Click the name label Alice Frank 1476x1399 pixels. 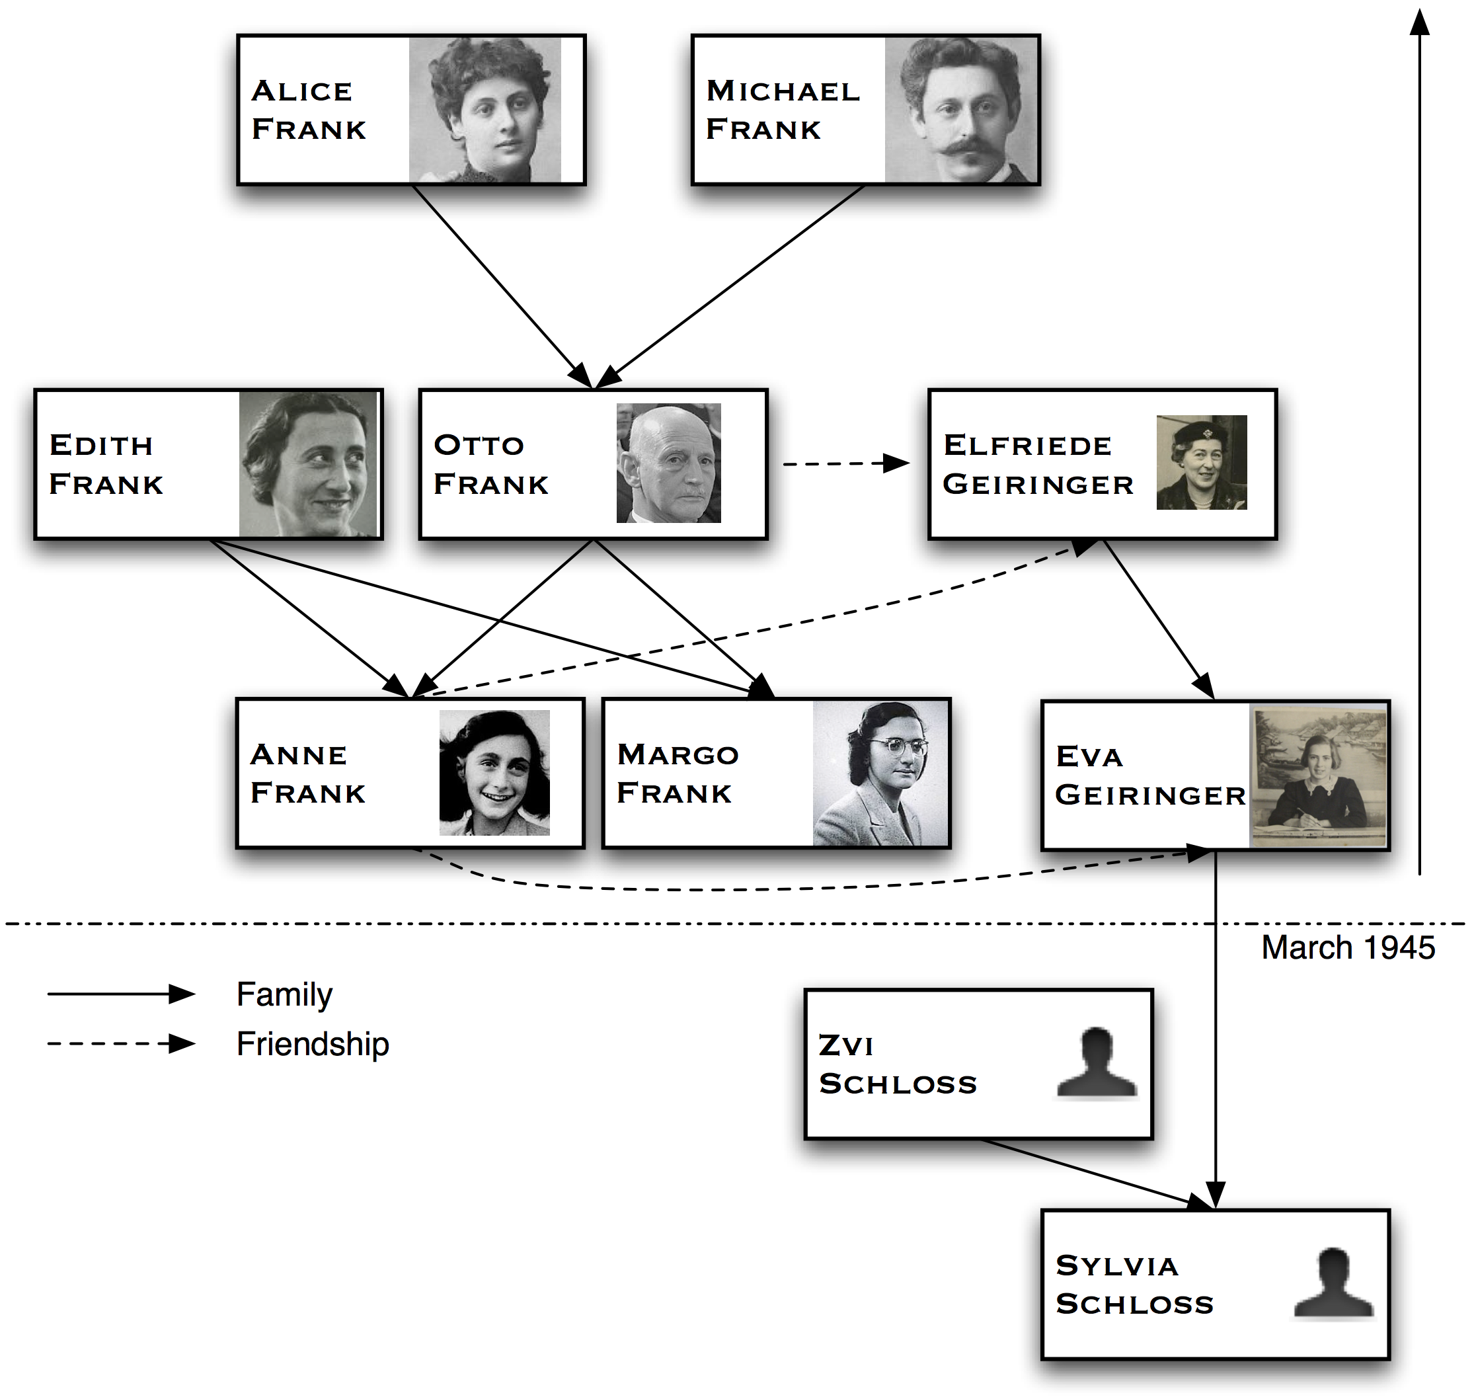tap(309, 110)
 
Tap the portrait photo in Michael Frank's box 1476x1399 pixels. tap(960, 110)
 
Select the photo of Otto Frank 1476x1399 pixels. tap(668, 463)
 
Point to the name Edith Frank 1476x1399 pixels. tap(106, 464)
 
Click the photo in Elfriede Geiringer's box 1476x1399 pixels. tap(1201, 462)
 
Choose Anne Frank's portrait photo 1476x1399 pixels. tap(494, 773)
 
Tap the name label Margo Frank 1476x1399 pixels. tap(677, 774)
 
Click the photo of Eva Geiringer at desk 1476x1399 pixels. tap(1318, 776)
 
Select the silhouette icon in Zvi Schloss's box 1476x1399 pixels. tap(1097, 1063)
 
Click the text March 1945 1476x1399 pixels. tap(1348, 948)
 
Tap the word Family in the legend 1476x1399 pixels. tap(284, 995)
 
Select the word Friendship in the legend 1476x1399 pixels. tap(313, 1044)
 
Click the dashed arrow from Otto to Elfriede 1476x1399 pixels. tap(846, 464)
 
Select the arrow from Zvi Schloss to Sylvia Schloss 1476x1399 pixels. tap(1096, 1172)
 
